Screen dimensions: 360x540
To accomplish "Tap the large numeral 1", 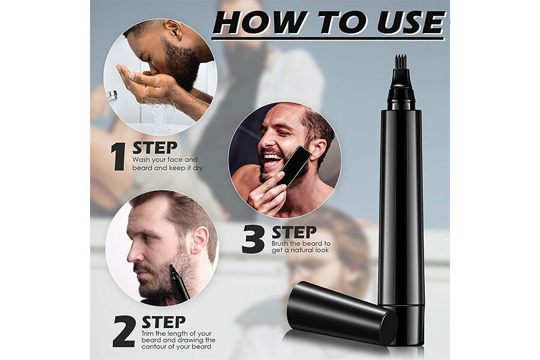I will [x=118, y=157].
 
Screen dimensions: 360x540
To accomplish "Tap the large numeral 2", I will [x=123, y=331].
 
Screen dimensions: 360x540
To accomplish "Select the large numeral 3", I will [x=253, y=239].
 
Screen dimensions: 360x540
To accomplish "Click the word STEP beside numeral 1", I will [x=155, y=148].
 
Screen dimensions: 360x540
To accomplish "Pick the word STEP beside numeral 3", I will [x=294, y=232].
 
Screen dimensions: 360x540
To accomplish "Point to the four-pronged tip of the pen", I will [x=400, y=61].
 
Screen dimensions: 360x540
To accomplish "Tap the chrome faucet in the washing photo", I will [x=112, y=95].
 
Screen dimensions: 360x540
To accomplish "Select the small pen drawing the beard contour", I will [x=179, y=283].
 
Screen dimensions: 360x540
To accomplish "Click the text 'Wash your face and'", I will [x=164, y=160].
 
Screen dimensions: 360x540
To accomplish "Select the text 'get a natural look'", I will [x=301, y=250].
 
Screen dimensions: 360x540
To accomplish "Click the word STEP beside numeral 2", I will [x=163, y=321].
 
